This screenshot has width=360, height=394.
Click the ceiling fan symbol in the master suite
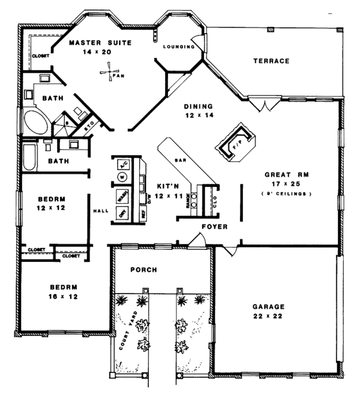pos(107,74)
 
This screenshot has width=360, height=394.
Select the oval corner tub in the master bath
pos(37,123)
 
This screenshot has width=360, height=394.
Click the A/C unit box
pos(122,163)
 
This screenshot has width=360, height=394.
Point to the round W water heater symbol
pos(122,177)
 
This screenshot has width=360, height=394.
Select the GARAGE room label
pos(268,306)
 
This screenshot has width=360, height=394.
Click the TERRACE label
pos(271,61)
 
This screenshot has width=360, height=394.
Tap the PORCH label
pos(143,270)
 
